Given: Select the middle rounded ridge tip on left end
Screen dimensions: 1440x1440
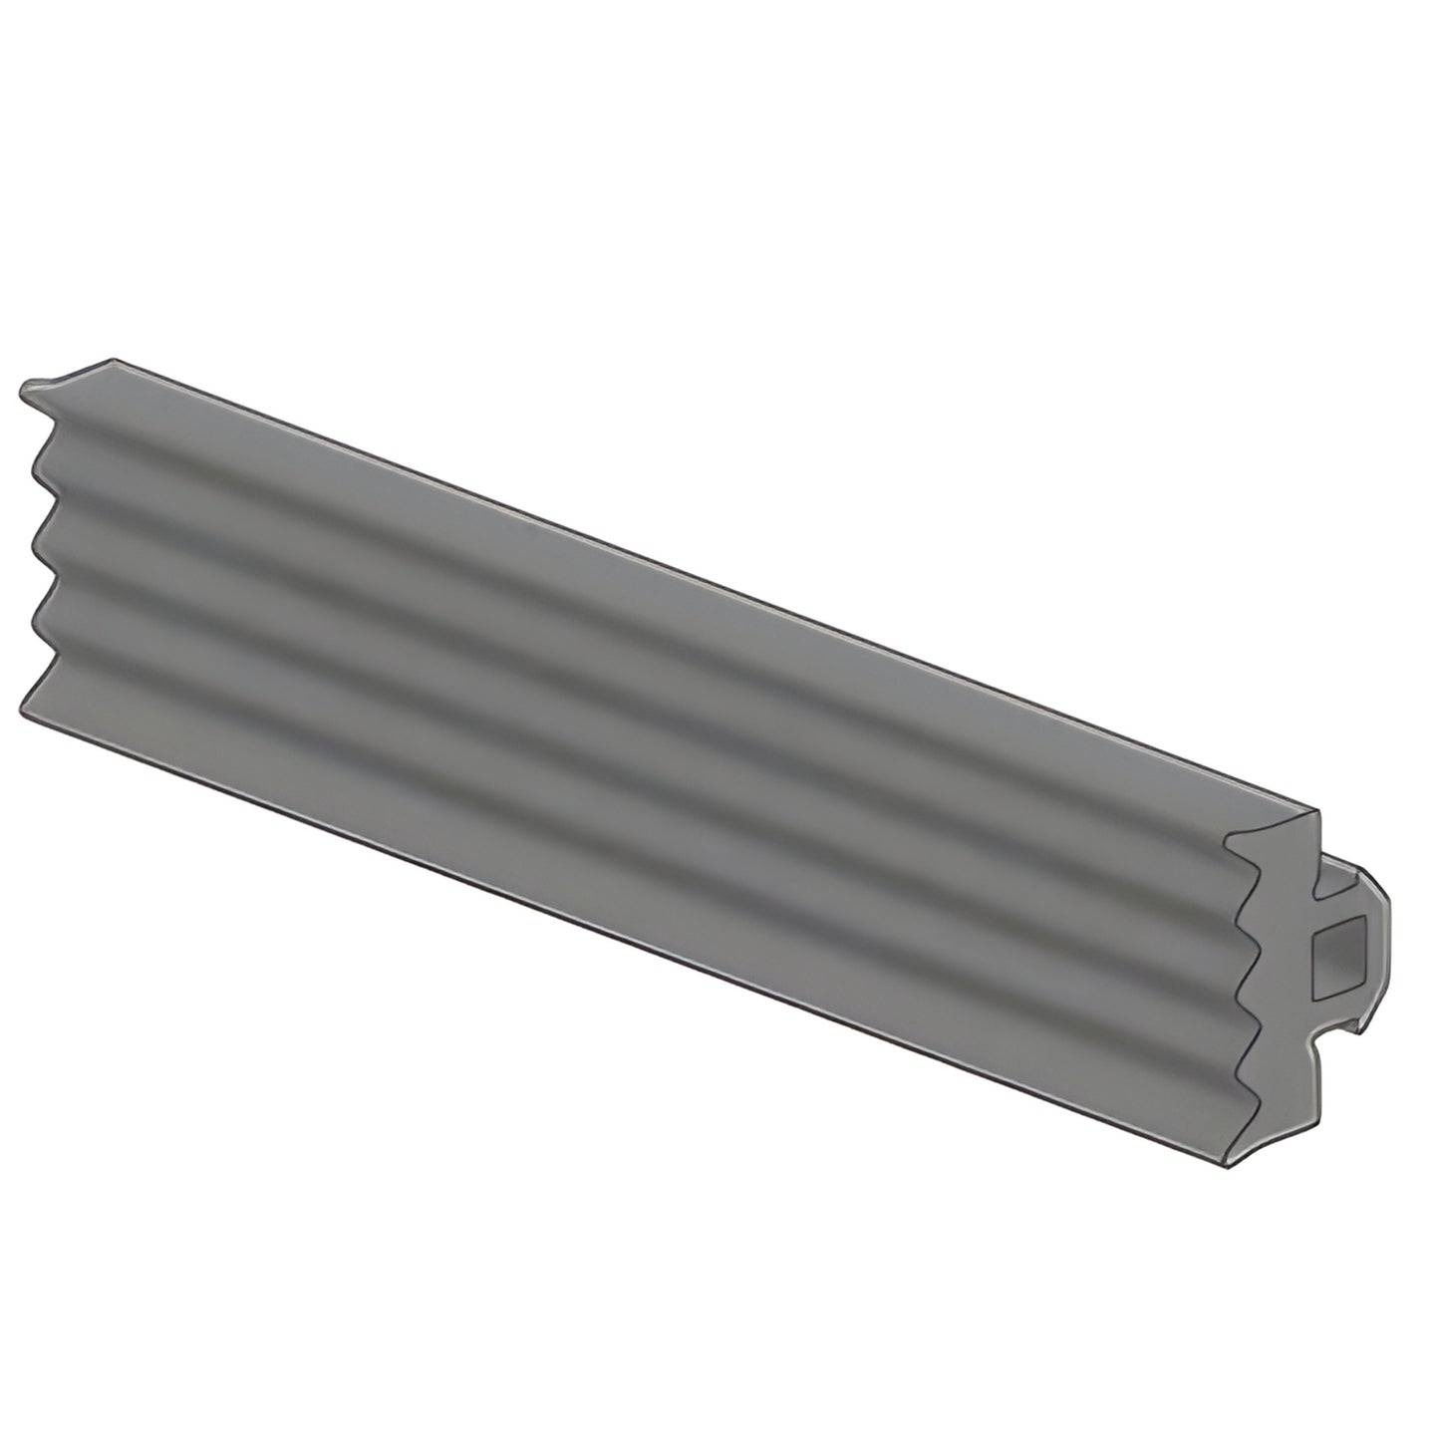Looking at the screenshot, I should [37, 542].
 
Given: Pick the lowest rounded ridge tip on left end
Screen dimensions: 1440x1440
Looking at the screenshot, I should [37, 622].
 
